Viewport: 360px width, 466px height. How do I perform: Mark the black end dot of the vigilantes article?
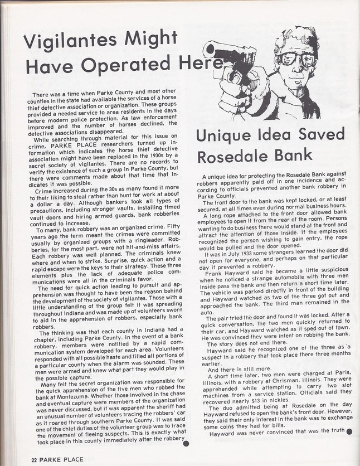[x=186, y=444]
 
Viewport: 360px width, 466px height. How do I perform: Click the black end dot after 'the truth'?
[x=349, y=431]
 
